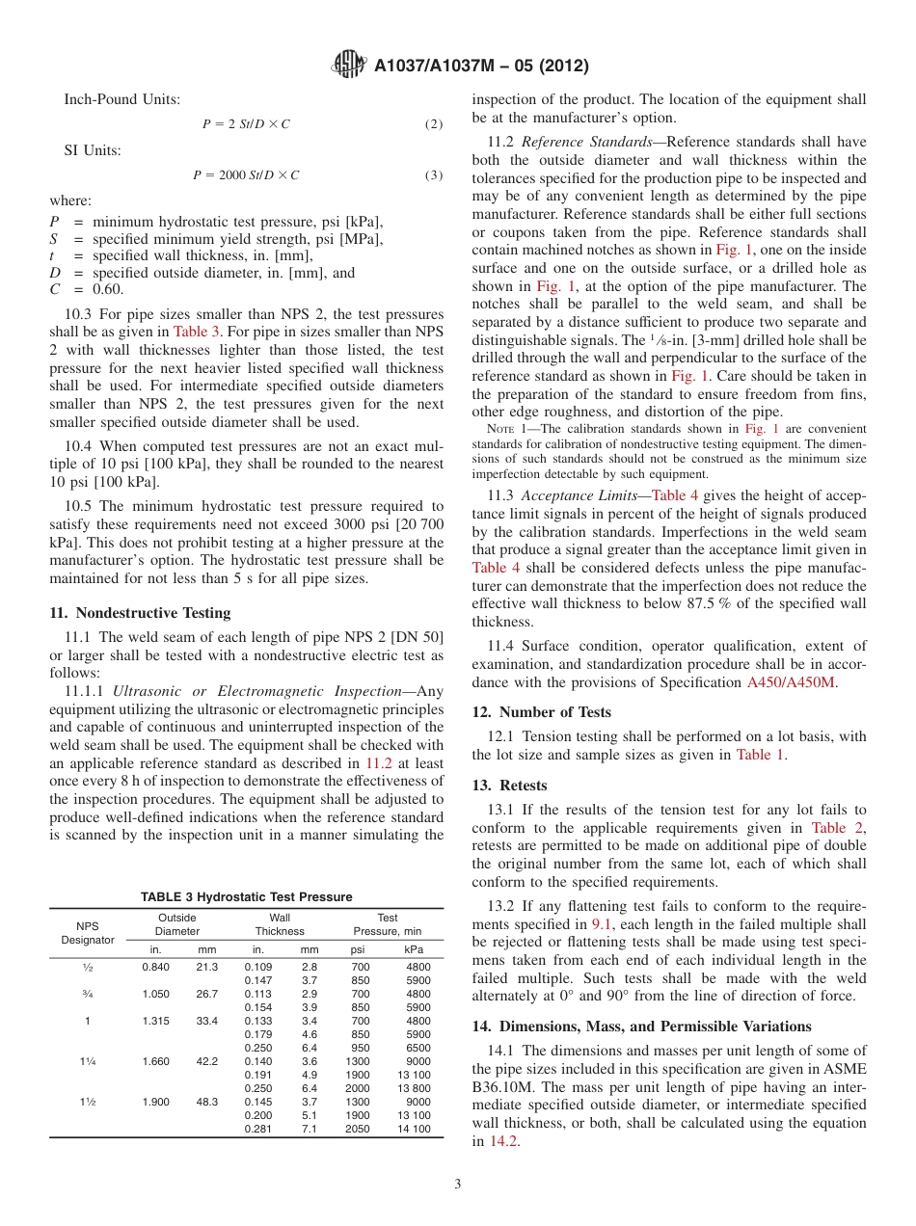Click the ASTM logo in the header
(x=348, y=66)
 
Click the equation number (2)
(x=434, y=124)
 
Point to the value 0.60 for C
(x=109, y=289)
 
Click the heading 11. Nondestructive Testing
(x=140, y=613)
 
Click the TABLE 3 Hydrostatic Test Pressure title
(x=246, y=897)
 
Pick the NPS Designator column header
(x=87, y=932)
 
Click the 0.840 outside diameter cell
(x=155, y=967)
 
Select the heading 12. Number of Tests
(x=541, y=712)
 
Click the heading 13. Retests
(x=509, y=786)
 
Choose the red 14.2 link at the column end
(x=502, y=1141)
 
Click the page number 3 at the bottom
(x=458, y=1185)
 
